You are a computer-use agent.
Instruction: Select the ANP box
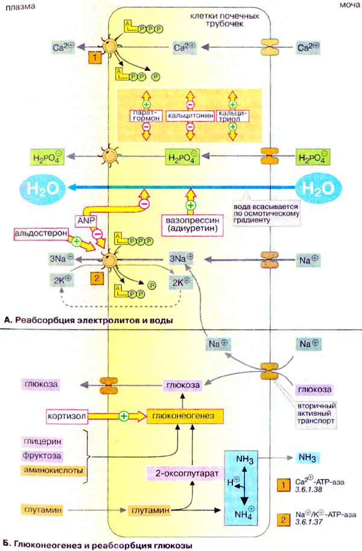point(85,220)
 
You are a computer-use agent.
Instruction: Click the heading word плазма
point(18,6)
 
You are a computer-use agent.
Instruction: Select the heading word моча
point(346,6)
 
